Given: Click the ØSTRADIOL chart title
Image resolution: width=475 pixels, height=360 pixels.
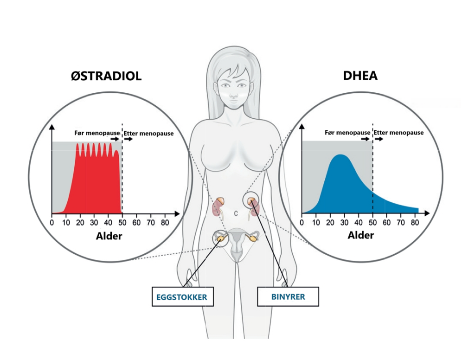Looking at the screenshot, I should point(106,76).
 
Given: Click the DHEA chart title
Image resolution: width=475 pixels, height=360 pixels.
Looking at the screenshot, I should point(360,76).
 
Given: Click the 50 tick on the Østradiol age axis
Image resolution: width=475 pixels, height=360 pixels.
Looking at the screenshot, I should point(122,222).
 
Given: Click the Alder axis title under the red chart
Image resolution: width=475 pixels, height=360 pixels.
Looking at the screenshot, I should point(109,236).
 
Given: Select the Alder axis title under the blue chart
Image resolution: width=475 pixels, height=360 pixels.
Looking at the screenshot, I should point(360,235).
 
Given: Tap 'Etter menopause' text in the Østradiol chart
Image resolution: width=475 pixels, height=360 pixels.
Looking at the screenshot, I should point(148,134).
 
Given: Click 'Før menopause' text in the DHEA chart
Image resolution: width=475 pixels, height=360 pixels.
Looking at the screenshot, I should point(347,133).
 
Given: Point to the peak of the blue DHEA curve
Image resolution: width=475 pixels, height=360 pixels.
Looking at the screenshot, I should point(340,155).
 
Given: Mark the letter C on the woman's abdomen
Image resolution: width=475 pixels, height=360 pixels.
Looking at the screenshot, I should point(236,213).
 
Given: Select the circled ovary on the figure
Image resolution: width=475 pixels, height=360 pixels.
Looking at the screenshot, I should point(221,238).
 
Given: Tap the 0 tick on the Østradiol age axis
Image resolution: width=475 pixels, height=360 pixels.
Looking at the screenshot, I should point(51,222).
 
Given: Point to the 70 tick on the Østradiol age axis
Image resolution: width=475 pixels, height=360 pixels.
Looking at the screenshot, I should point(150,222).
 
